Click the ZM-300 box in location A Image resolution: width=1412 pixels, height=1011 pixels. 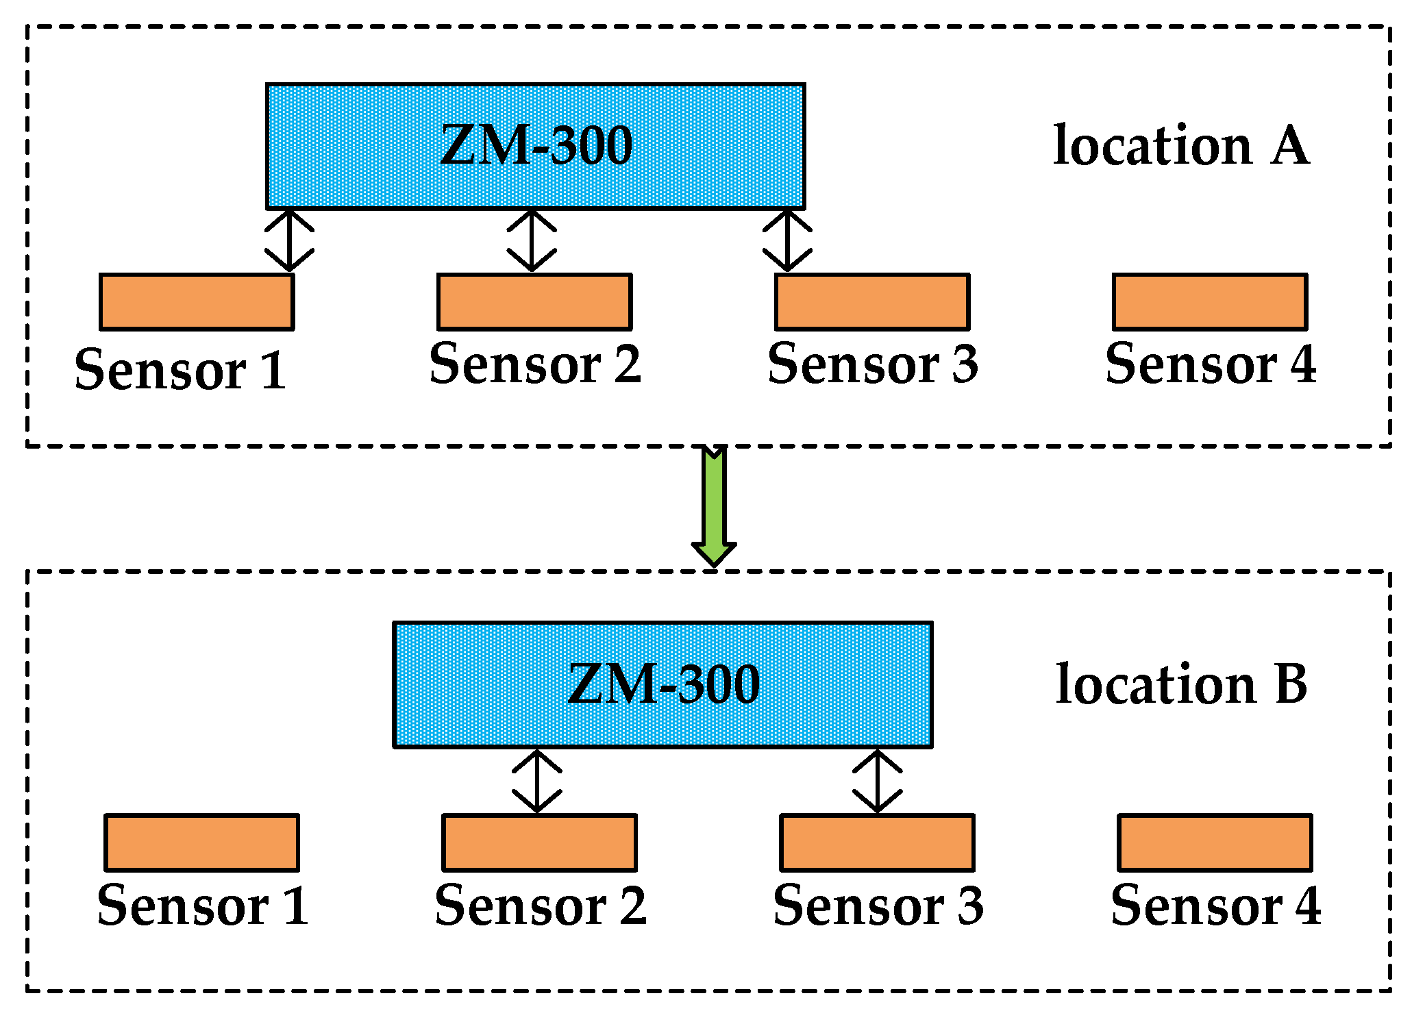click(x=535, y=147)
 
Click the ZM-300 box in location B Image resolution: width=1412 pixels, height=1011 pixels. click(x=662, y=684)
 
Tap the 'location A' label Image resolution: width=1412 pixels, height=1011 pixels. click(x=1180, y=146)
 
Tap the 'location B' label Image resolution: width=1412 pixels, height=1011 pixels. click(x=1181, y=684)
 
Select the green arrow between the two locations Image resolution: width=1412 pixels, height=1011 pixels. click(x=714, y=507)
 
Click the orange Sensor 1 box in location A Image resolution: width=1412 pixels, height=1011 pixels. click(x=197, y=302)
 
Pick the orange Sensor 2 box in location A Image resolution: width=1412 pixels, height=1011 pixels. click(x=534, y=302)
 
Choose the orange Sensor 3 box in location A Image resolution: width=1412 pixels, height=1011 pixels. click(x=872, y=302)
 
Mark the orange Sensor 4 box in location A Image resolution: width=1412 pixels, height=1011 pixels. click(x=1210, y=302)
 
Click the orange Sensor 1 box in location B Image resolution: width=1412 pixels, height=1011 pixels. click(x=201, y=842)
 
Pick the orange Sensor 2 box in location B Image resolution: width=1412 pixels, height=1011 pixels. click(x=539, y=842)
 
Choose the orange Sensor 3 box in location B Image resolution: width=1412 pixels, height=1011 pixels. click(x=877, y=842)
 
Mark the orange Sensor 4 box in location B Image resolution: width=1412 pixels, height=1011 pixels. click(x=1215, y=842)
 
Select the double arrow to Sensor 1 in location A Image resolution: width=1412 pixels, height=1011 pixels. click(x=289, y=241)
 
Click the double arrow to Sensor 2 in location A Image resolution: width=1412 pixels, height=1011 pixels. click(x=532, y=241)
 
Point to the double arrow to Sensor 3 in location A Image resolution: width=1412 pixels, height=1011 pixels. click(x=787, y=241)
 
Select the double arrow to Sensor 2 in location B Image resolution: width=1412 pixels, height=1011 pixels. click(x=537, y=781)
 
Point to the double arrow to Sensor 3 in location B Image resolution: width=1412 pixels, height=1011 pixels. click(x=878, y=781)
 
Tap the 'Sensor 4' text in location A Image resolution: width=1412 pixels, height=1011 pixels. click(x=1211, y=364)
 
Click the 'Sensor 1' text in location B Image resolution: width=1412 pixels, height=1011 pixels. click(x=203, y=906)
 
